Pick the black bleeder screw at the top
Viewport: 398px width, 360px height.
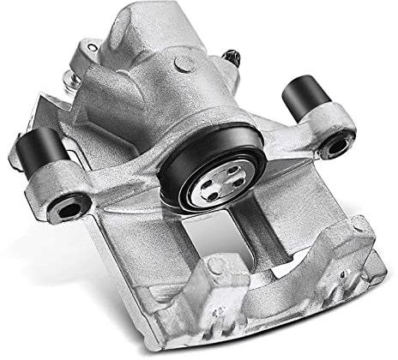pyautogui.click(x=231, y=57)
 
